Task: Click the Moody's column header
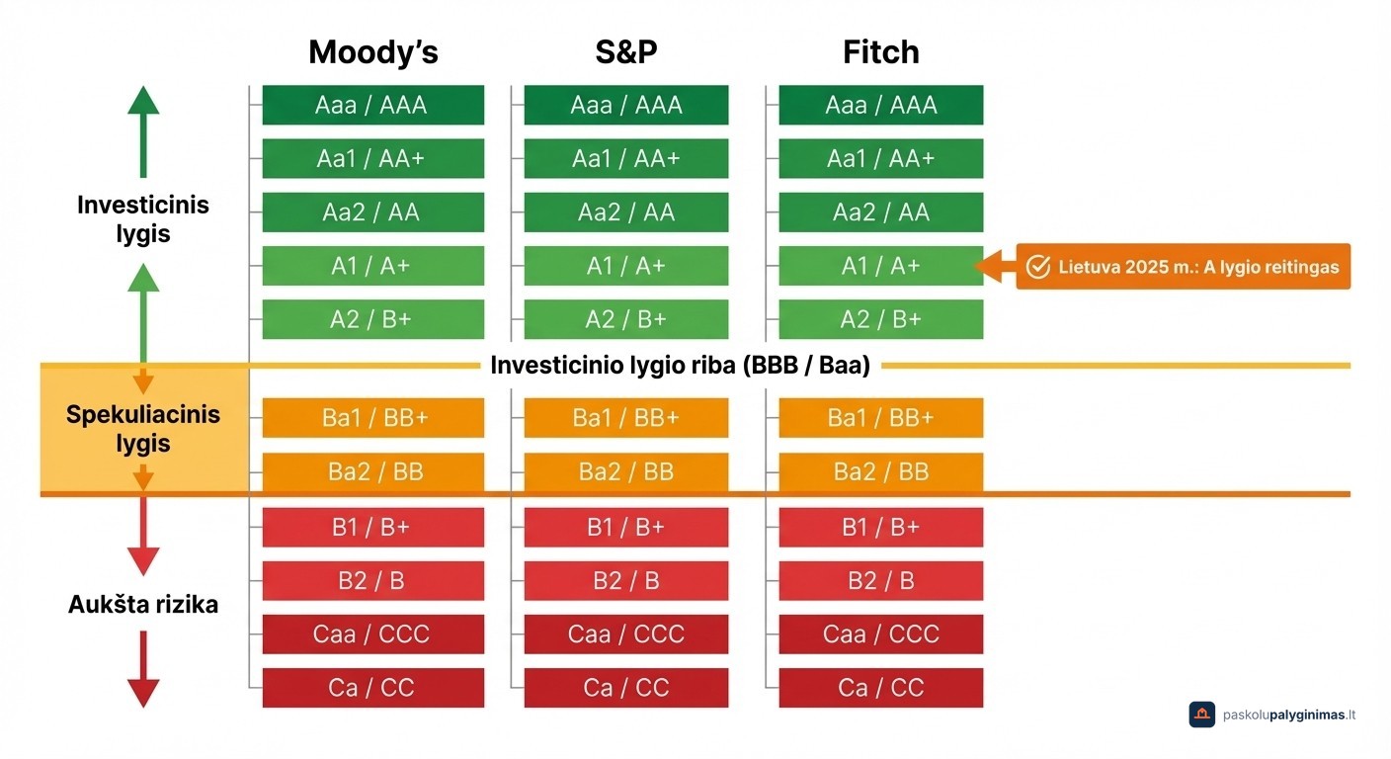click(372, 52)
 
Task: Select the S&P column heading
click(626, 52)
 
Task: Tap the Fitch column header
click(880, 52)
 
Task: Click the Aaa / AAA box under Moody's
click(372, 106)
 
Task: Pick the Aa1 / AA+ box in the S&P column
click(626, 159)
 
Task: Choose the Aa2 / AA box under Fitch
click(880, 212)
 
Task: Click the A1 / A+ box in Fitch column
click(880, 266)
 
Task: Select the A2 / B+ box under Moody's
click(372, 319)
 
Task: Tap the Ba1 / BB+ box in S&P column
click(626, 418)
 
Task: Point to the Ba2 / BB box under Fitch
click(880, 471)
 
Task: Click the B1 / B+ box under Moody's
click(372, 527)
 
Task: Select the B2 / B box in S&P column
click(626, 580)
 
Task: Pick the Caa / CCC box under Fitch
click(880, 633)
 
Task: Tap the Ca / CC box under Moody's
click(372, 687)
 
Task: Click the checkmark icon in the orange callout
click(1037, 267)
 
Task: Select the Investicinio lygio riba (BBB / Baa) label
click(680, 366)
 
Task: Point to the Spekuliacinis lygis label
click(142, 429)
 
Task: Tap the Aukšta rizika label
click(142, 604)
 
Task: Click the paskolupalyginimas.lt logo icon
click(1201, 715)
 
